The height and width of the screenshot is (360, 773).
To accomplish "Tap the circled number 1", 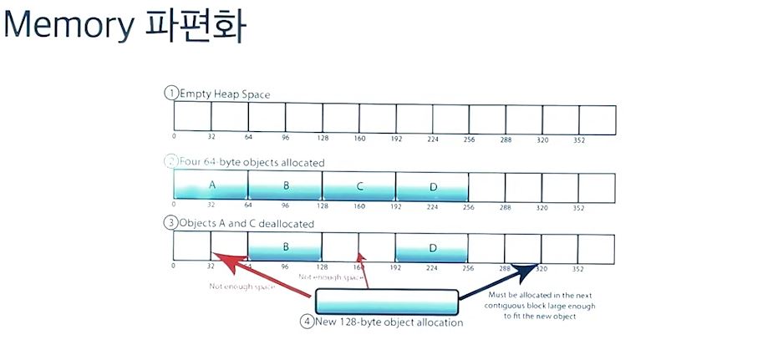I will pos(170,94).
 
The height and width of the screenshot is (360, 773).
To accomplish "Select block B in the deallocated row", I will pos(285,247).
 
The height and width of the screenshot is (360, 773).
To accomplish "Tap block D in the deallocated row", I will pos(432,247).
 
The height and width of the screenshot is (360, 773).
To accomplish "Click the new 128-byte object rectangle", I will pos(386,301).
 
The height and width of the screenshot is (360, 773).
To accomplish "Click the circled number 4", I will pos(308,322).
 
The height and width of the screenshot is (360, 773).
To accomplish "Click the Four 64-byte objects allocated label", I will pos(252,162).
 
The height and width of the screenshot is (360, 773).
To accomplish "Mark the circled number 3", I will pos(170,223).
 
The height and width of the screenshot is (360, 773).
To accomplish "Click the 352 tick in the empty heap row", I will pos(578,139).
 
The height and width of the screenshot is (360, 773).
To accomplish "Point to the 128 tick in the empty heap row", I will pos(322,139).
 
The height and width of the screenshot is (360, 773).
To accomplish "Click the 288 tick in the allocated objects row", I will pos(505,206).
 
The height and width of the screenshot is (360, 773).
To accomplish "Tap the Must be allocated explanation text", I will pos(541,306).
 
